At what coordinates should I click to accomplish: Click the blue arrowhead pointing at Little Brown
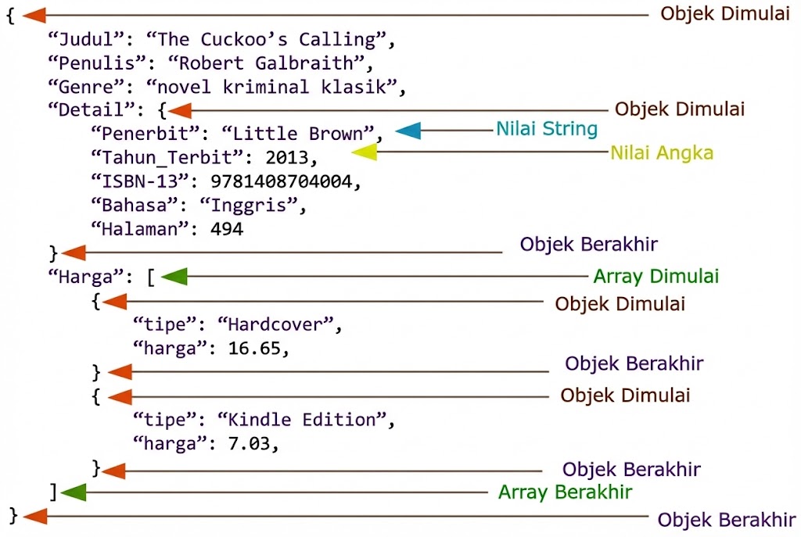408,131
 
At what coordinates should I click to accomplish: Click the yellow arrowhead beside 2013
365,153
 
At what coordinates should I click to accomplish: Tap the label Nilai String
547,128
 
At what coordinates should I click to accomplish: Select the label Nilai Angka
662,152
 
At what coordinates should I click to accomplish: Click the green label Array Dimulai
656,276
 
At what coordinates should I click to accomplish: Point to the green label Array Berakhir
565,492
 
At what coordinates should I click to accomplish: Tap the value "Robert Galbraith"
271,63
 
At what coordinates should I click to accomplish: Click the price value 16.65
254,348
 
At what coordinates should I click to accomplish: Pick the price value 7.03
249,443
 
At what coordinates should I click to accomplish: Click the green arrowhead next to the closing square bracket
73,492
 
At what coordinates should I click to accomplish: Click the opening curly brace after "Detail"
160,111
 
